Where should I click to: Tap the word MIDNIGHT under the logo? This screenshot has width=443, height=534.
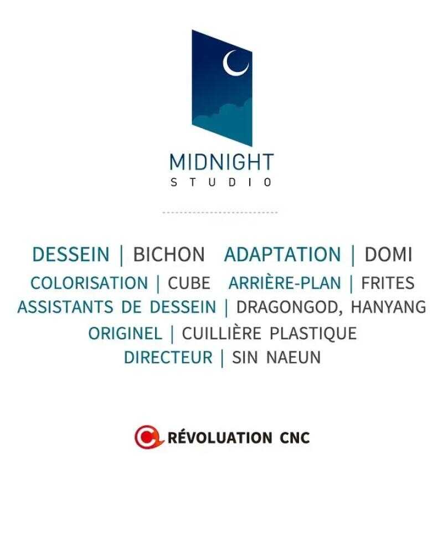coord(221,162)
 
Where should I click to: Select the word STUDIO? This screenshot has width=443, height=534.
coord(221,182)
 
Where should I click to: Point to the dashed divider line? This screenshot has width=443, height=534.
coord(220,212)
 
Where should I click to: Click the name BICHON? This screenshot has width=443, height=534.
coord(169,255)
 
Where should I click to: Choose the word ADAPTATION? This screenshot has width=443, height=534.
coord(282,255)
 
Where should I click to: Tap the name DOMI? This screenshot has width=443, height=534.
coord(389,255)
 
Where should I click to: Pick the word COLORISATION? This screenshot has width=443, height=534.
coord(89,283)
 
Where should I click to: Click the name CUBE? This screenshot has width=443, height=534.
coord(189,283)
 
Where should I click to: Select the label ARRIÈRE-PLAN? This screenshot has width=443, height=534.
coord(285,283)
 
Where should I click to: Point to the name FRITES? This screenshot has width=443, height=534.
coord(388,283)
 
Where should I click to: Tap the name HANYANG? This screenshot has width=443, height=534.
coord(389,307)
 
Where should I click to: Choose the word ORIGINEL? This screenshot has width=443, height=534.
coord(125,334)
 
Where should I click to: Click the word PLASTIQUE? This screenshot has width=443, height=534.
coord(313,334)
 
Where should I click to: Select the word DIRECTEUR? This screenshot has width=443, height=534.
coord(168,357)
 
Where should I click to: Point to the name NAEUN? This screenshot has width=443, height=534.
coord(293,357)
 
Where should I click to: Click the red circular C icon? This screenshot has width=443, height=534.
coord(147,437)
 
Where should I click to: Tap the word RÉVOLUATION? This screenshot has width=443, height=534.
coord(220,437)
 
